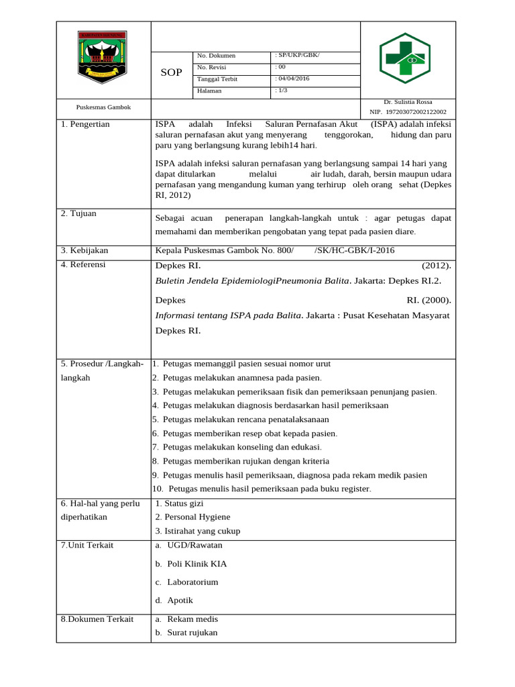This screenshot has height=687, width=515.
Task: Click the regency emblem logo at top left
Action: pos(103,58)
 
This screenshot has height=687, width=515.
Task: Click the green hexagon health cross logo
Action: pos(405,58)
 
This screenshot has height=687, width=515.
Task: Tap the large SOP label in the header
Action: pos(171,72)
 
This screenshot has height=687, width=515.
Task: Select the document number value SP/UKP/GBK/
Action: pos(298,55)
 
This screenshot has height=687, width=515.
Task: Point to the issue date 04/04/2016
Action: pos(293,78)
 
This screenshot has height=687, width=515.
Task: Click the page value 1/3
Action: pos(282,91)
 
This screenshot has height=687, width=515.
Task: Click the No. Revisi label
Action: pos(212,67)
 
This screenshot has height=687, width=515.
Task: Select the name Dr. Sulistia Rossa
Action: pos(408,102)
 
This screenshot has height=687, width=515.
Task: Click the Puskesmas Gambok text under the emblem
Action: pos(103,107)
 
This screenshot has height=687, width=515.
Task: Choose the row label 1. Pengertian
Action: pos(85,124)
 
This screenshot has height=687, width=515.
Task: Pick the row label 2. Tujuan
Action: pos(78,213)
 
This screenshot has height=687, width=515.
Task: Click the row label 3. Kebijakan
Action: pos(84,250)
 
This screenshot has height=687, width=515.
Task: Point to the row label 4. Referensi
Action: pos(83,264)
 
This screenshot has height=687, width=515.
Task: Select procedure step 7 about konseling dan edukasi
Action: pos(237,447)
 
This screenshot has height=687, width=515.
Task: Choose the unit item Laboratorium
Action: pos(192,582)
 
